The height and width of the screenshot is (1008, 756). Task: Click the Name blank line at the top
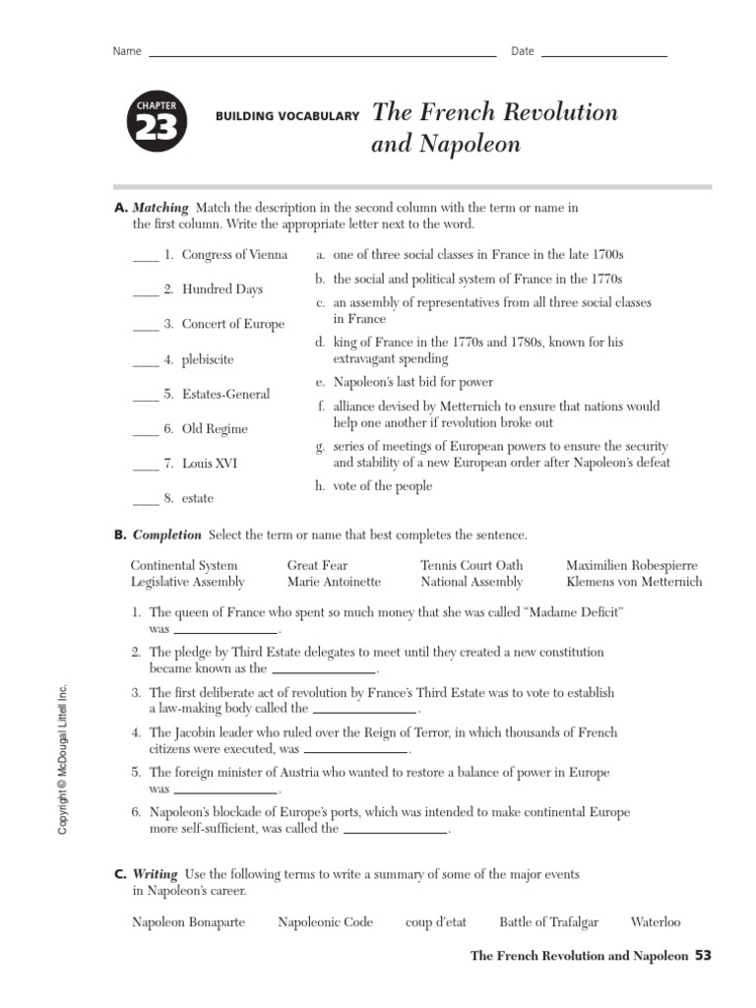pyautogui.click(x=321, y=56)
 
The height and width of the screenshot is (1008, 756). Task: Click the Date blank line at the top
pyautogui.click(x=603, y=56)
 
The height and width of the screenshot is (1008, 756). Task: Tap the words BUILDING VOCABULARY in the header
pyautogui.click(x=286, y=116)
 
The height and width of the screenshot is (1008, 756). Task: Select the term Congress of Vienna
pyautogui.click(x=234, y=255)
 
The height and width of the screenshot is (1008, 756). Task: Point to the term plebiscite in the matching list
pyautogui.click(x=208, y=359)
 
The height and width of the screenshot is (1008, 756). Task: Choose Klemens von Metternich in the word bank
pyautogui.click(x=634, y=582)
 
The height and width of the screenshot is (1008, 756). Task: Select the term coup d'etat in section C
pyautogui.click(x=435, y=922)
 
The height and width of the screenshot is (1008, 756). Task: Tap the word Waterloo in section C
pyautogui.click(x=655, y=922)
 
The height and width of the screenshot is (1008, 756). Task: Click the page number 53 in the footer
pyautogui.click(x=702, y=955)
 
